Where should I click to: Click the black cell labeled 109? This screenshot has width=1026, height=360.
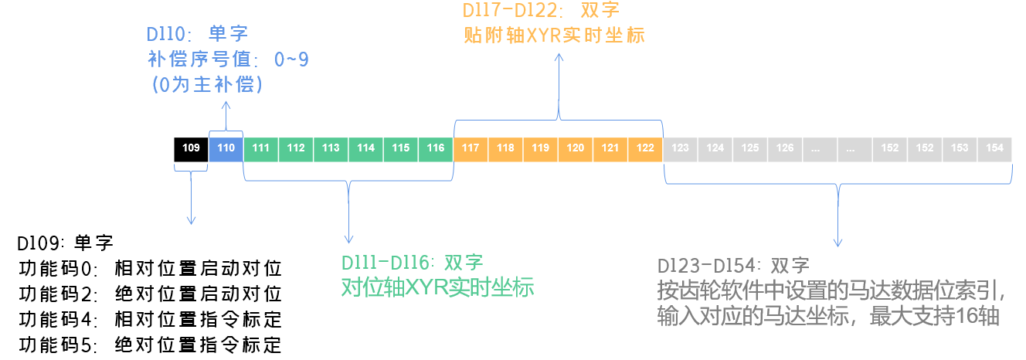click(x=191, y=148)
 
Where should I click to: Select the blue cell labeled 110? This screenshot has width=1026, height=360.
click(x=226, y=148)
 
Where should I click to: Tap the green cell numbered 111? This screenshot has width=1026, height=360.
click(x=261, y=148)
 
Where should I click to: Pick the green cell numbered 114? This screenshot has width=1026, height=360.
click(x=366, y=148)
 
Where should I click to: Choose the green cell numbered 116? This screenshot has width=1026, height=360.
click(x=436, y=148)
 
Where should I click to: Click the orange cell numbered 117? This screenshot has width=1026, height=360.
click(x=471, y=148)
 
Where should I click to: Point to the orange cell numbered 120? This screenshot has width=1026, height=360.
click(x=576, y=148)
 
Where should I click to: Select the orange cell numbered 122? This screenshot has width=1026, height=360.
click(x=645, y=148)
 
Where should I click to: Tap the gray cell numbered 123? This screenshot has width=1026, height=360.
click(x=681, y=148)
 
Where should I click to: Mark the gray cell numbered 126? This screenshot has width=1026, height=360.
click(x=785, y=148)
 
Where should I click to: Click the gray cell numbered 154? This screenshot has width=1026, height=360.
click(x=994, y=148)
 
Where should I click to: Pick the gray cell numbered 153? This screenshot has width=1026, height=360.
click(x=960, y=148)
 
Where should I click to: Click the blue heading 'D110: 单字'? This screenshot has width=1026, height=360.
click(x=197, y=35)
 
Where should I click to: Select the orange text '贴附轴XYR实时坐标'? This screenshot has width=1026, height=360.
click(x=554, y=36)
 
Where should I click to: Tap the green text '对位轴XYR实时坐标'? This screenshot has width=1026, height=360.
click(x=437, y=287)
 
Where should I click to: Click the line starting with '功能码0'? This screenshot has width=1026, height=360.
click(x=149, y=269)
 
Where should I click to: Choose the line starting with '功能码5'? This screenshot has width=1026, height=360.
click(x=149, y=344)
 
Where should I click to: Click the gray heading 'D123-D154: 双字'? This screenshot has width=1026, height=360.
click(x=733, y=266)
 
